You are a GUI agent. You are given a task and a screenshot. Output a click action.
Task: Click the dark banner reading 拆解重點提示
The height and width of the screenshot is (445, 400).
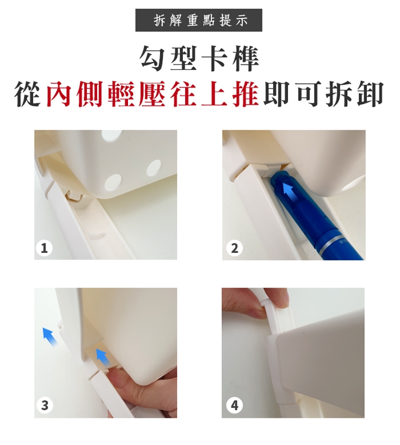[198, 20]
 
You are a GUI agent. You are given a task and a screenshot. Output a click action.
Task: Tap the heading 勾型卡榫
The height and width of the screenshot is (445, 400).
[199, 59]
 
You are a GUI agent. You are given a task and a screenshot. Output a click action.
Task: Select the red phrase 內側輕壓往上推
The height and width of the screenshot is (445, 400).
[153, 94]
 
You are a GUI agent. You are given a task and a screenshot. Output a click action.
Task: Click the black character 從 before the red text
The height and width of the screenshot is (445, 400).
[28, 94]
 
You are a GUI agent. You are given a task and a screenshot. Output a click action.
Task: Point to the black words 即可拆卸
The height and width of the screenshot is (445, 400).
[324, 94]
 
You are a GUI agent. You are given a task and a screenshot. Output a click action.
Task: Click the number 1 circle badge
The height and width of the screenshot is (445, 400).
[44, 249]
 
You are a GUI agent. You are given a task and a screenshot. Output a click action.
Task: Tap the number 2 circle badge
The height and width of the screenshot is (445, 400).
[234, 249]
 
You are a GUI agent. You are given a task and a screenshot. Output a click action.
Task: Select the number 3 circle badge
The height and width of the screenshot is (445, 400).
[45, 405]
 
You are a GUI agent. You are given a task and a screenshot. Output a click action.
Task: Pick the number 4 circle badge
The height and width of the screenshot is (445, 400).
[234, 405]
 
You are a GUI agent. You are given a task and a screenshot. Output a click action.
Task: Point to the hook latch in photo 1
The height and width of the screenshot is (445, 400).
[74, 195]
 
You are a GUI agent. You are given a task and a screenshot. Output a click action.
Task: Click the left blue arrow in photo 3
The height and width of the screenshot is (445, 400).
[50, 337]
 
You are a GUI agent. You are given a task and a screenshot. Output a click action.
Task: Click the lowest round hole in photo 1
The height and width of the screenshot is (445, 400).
[113, 182]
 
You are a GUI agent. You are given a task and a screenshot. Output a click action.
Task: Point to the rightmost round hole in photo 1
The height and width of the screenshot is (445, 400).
[154, 168]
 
